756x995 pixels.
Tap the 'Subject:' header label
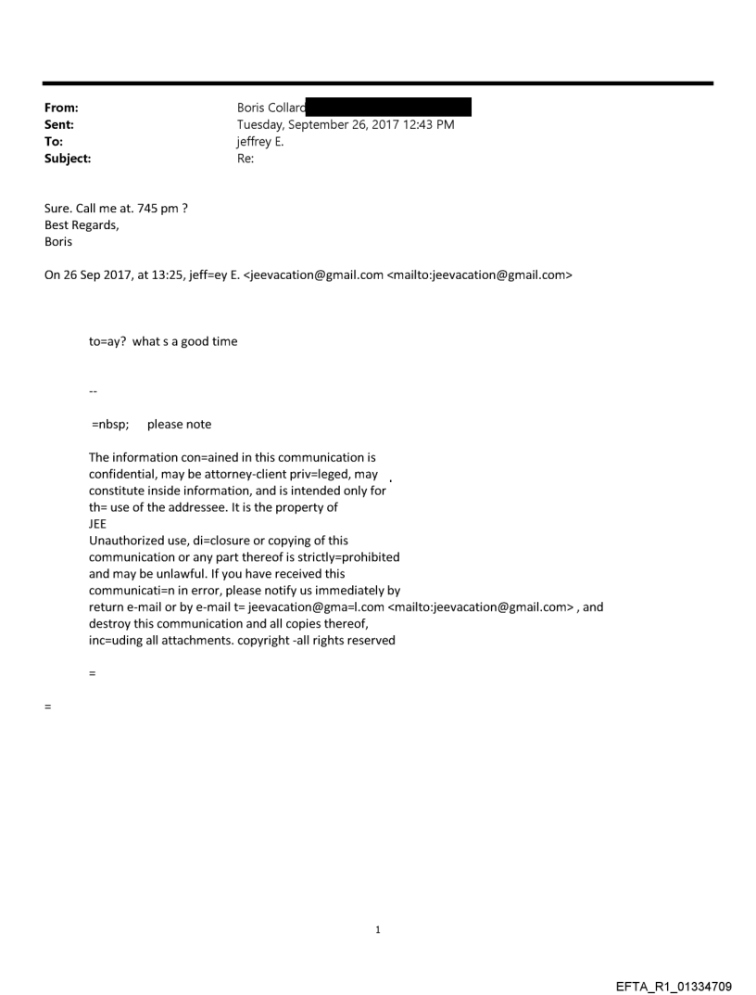68,159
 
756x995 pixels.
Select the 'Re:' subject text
246,159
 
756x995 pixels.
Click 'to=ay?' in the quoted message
107,341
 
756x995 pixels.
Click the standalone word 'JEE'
98,524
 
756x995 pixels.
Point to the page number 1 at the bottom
378,929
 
